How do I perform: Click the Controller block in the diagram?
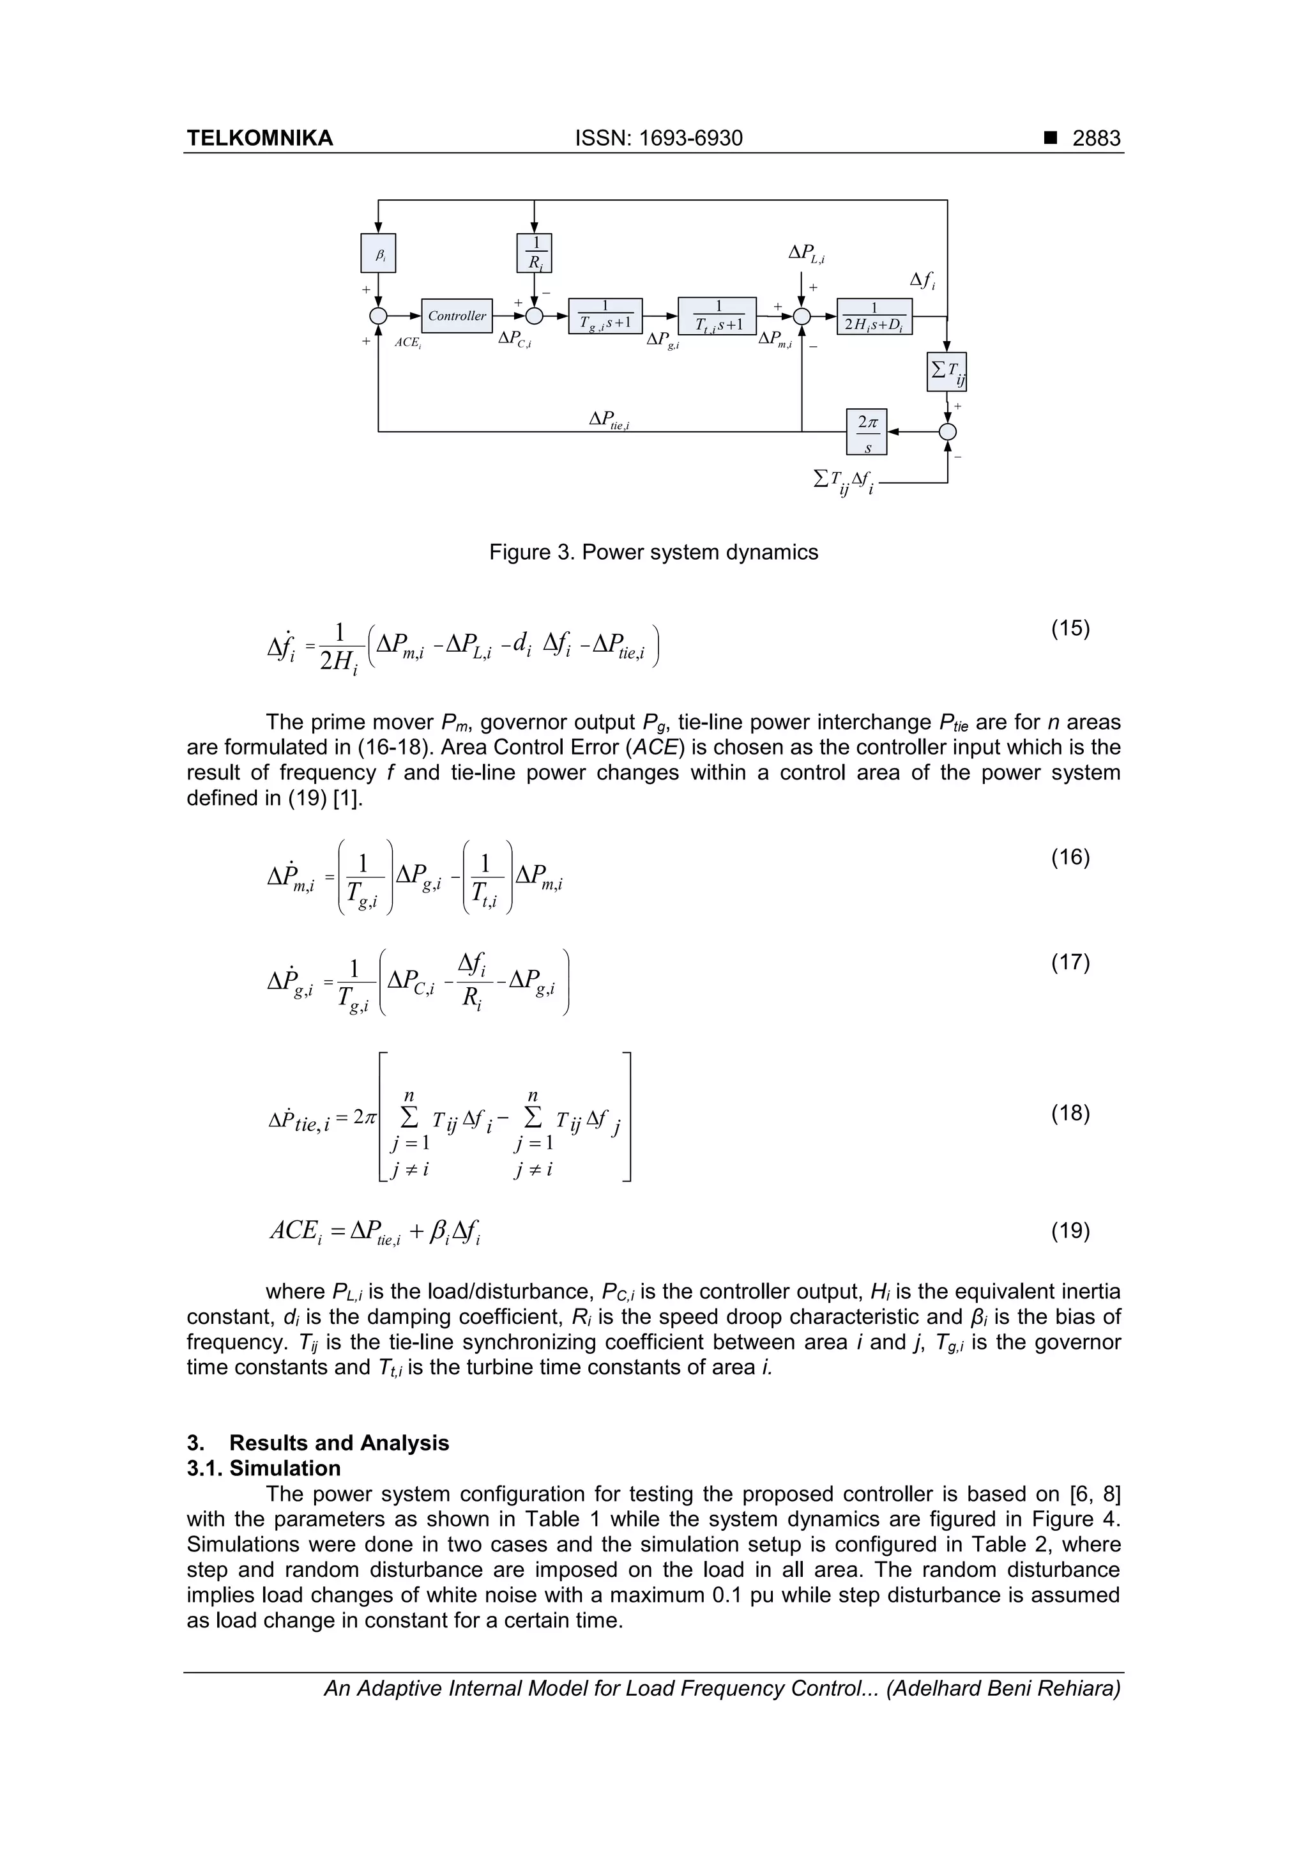(x=457, y=316)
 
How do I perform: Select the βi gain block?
(x=378, y=254)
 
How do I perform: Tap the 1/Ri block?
(x=533, y=253)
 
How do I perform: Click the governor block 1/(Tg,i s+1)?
(x=605, y=316)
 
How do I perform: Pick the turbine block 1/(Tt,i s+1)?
(x=717, y=316)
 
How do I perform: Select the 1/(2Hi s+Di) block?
(x=874, y=316)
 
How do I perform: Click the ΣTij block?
(x=947, y=372)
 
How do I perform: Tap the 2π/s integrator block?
(x=867, y=432)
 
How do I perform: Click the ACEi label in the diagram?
(x=408, y=342)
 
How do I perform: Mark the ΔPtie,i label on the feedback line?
(x=609, y=420)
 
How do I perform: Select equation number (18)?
(x=1070, y=1113)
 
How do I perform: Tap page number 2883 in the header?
(x=1096, y=139)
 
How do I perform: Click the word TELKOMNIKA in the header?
(x=259, y=139)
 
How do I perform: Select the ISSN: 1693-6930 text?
(x=658, y=139)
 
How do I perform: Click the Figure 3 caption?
(x=653, y=552)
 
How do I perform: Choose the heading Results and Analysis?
(x=338, y=1443)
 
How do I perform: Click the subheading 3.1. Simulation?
(x=264, y=1468)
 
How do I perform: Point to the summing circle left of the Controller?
(x=378, y=316)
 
